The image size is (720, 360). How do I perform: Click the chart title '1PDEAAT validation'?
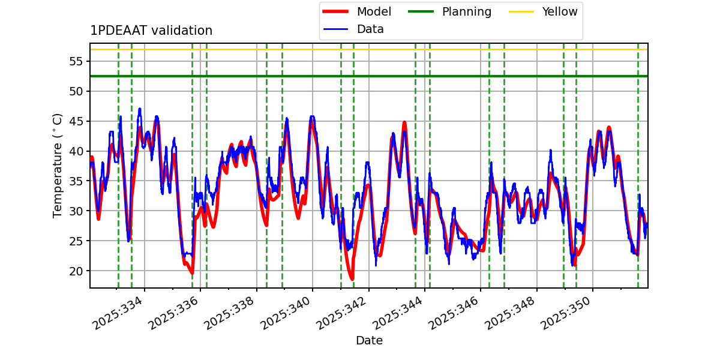point(151,31)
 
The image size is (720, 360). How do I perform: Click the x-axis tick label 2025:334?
point(118,314)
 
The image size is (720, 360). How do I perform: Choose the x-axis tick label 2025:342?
point(343,314)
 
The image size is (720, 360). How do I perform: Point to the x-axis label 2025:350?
point(568,314)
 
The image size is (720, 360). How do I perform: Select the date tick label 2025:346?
point(455,314)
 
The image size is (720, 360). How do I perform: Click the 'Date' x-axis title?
point(369,341)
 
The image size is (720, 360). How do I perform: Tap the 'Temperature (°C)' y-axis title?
point(58,165)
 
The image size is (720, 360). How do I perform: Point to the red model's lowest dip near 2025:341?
point(352,279)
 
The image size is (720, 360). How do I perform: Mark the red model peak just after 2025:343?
point(404,122)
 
